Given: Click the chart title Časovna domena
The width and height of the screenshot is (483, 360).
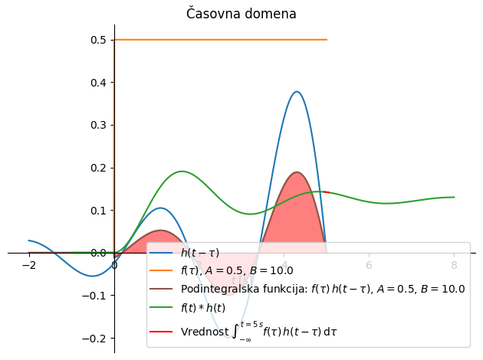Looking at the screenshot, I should tap(241, 14).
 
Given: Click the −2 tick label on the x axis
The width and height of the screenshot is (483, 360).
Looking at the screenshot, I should tap(28, 265).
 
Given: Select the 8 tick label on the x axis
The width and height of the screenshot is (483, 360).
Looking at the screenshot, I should tap(454, 265).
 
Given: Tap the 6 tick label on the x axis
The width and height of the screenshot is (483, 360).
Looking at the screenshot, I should tap(369, 265).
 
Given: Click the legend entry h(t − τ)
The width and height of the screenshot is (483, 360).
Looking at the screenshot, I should tap(199, 252).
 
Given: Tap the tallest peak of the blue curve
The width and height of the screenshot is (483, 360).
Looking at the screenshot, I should tap(297, 92).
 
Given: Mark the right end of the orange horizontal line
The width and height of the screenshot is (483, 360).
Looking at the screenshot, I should tap(327, 40).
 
